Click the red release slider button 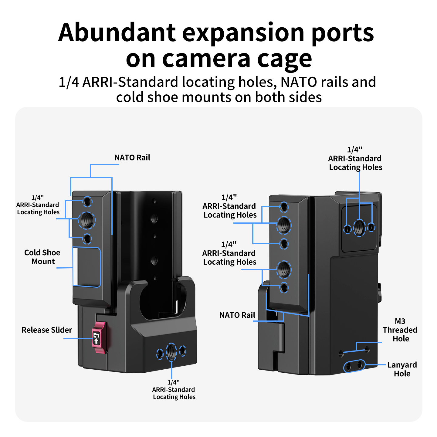point(99,337)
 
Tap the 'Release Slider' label point(47,330)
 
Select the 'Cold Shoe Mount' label point(42,257)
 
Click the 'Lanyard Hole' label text point(402,369)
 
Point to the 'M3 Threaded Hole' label point(400,330)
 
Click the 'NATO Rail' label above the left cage point(132,158)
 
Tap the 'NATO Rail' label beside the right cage point(237,315)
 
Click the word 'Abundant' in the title point(117,32)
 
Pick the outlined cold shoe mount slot point(86,267)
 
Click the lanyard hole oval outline point(354,366)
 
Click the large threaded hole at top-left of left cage point(87,220)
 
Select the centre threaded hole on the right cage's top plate point(359,228)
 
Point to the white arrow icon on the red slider point(97,340)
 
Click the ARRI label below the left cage point(174,390)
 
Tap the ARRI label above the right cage point(355,158)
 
